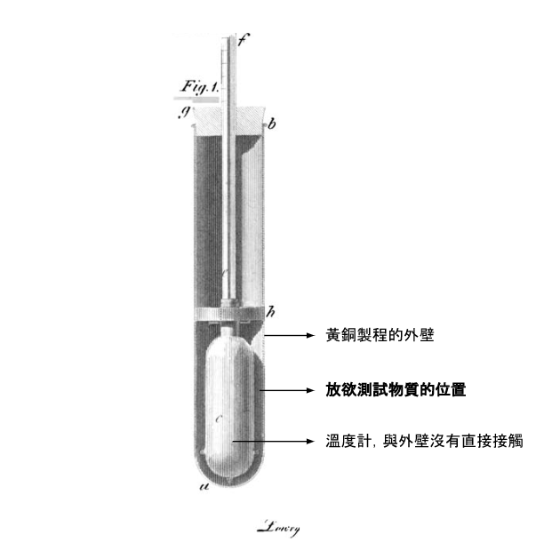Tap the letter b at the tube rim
pos(272,125)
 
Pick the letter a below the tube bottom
pos(204,487)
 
